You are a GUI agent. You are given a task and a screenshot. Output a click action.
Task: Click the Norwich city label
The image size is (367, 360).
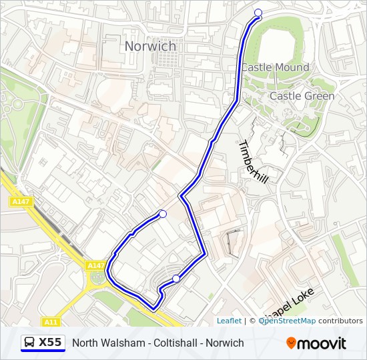pos(150,46)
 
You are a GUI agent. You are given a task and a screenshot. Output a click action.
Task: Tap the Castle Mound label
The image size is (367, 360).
pos(275,67)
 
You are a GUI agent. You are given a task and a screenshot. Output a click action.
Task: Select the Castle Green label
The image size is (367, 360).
pos(302,96)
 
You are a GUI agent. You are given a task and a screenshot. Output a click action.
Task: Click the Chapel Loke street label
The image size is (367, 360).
pos(294,303)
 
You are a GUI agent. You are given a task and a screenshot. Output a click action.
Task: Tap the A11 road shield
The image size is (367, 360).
pos(51,322)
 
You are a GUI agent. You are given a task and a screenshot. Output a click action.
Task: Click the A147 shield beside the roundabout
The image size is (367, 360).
pos(95,265)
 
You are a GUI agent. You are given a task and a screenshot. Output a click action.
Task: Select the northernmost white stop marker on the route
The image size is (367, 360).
pos(258,13)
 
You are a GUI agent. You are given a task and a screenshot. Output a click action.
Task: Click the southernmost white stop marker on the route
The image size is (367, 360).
pos(176,279)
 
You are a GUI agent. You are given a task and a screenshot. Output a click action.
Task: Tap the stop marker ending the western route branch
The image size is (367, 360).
pos(163,213)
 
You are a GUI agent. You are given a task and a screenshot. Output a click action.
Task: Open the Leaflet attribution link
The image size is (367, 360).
pos(229,321)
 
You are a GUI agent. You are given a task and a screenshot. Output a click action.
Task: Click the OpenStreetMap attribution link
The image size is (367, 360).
pos(288,321)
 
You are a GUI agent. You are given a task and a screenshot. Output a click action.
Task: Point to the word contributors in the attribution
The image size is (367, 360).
pos(340,321)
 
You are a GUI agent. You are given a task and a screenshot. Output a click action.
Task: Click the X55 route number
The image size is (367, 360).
pos(50,343)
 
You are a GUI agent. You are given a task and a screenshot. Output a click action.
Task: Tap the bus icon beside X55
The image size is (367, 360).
pos(30,343)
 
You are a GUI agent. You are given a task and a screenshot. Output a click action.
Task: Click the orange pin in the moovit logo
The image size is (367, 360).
pos(291,343)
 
